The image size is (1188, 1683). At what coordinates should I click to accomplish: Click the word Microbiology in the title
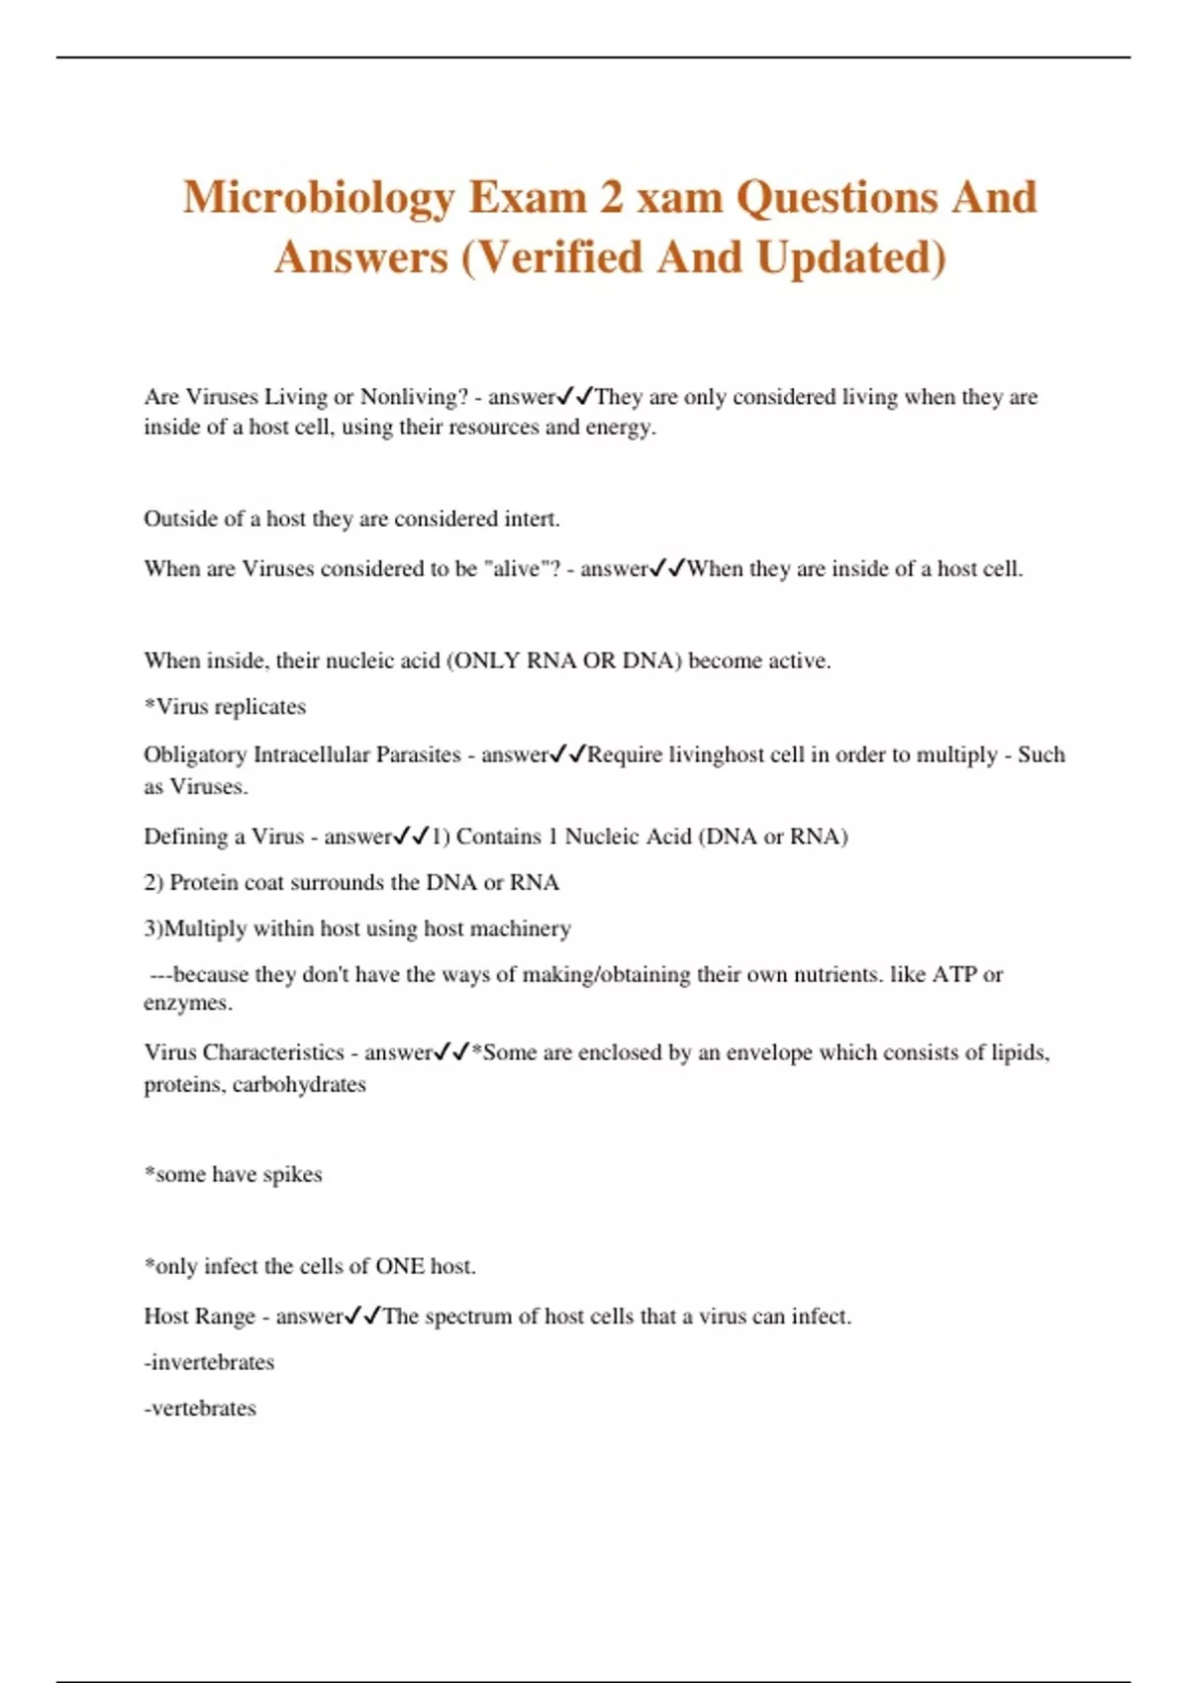click(x=318, y=198)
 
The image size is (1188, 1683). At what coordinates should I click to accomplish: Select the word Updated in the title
click(x=850, y=257)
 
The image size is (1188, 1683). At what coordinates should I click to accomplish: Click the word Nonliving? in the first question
click(x=414, y=397)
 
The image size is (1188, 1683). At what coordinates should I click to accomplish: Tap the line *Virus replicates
click(x=225, y=707)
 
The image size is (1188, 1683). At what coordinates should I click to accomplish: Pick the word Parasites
click(x=418, y=755)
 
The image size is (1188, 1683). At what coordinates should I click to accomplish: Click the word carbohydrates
click(x=299, y=1085)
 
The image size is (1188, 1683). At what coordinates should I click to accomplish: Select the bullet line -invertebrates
click(x=209, y=1362)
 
